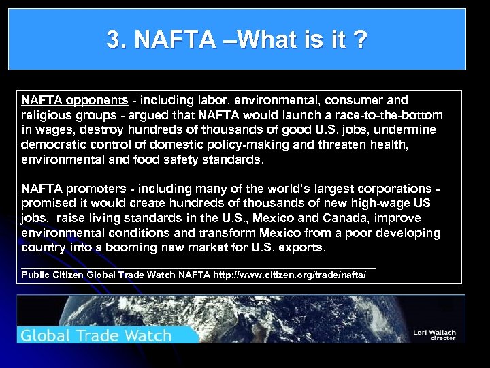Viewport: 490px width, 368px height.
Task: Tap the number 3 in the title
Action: point(113,40)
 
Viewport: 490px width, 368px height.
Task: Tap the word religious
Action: point(46,114)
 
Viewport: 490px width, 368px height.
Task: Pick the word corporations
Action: point(394,188)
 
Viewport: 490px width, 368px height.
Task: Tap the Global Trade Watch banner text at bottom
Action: point(95,335)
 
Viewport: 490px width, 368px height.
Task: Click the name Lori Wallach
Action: point(434,333)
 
